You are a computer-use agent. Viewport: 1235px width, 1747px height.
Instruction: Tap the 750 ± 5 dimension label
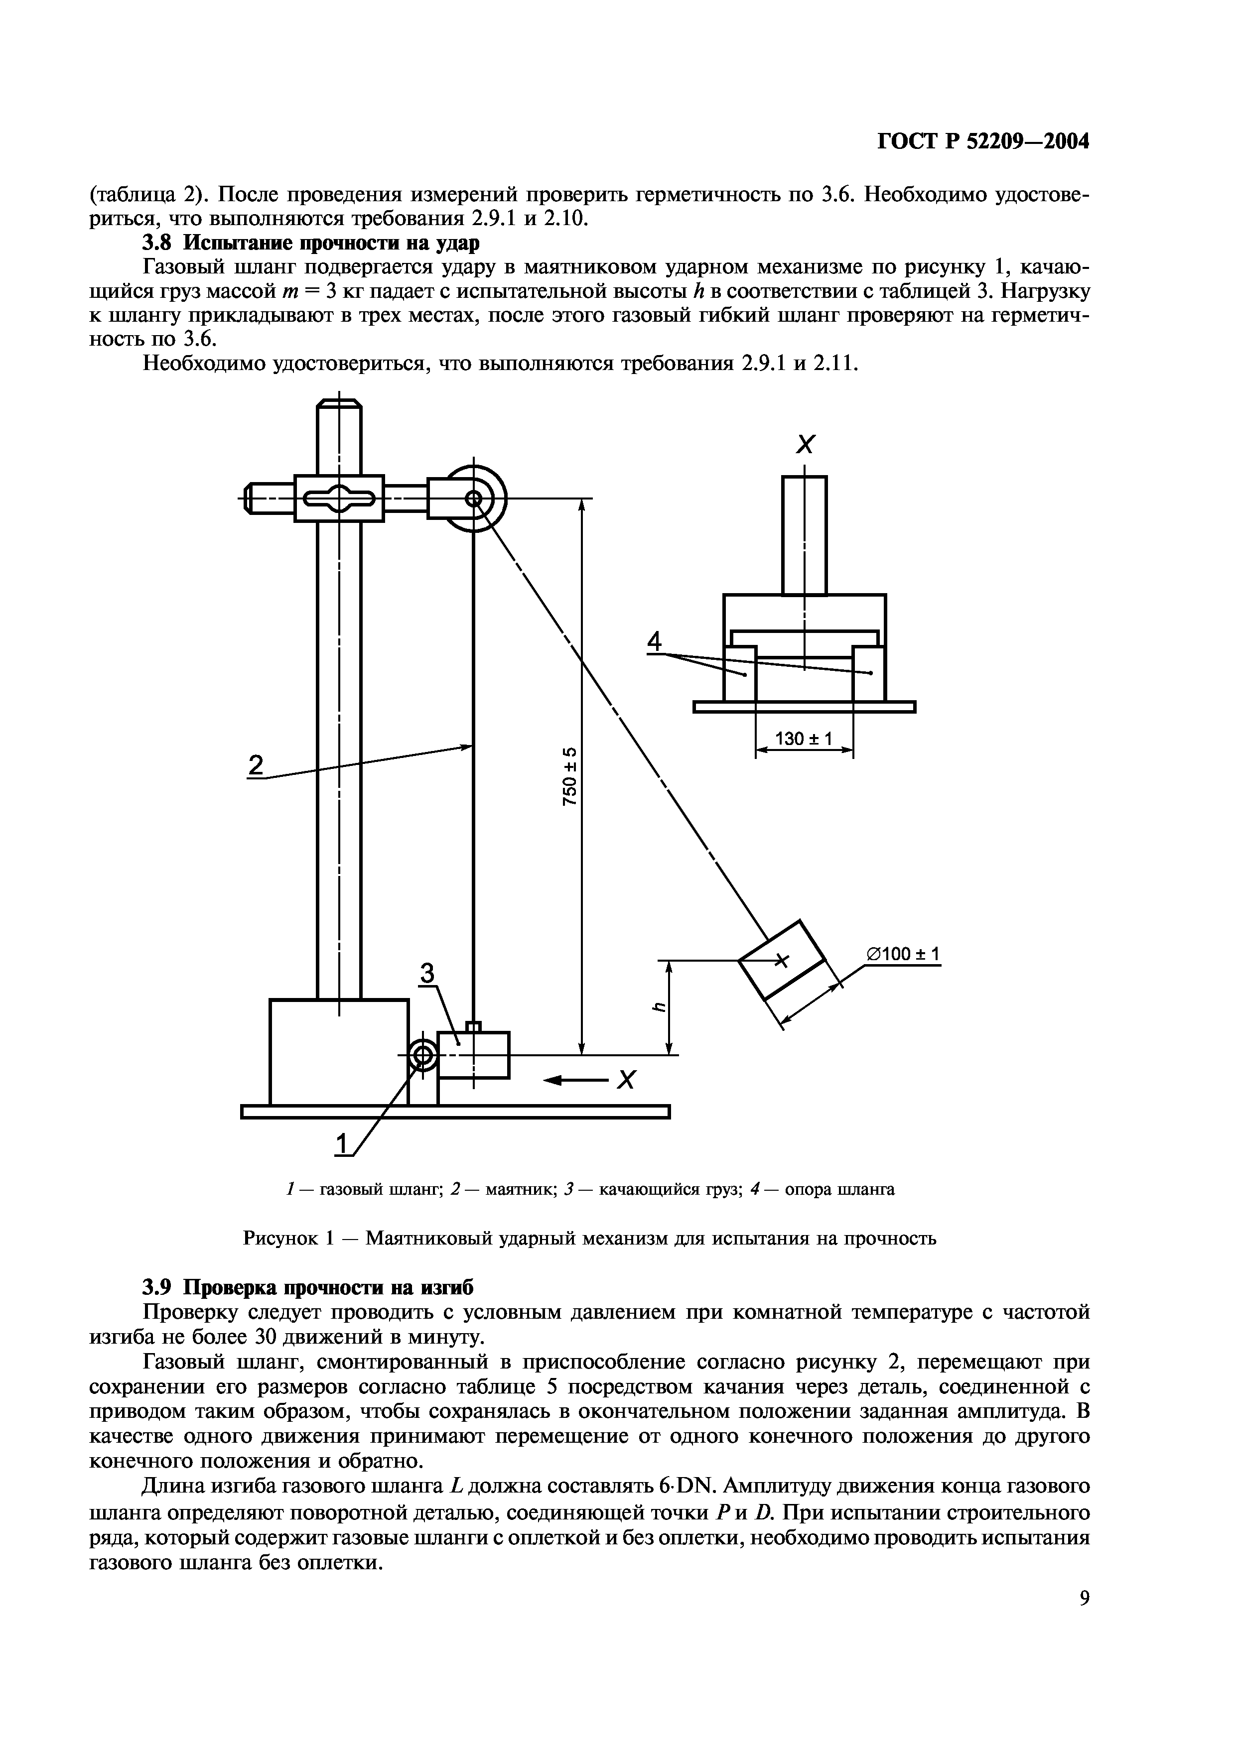pyautogui.click(x=570, y=776)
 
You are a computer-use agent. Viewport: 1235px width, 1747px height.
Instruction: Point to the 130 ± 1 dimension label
pyautogui.click(x=804, y=738)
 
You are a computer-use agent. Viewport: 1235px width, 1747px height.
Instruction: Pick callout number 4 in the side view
pyautogui.click(x=654, y=643)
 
